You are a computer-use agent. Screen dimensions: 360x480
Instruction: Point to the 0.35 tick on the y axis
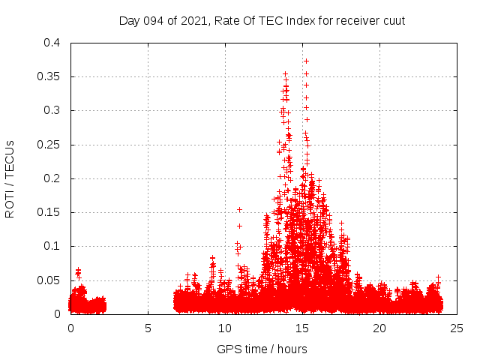click(50, 76)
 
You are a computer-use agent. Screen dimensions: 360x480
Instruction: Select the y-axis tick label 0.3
click(53, 110)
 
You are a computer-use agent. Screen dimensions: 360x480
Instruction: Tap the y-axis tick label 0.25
click(50, 145)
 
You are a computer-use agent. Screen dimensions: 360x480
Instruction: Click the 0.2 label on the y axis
click(53, 178)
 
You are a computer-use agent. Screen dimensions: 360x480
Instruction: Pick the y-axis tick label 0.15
click(50, 212)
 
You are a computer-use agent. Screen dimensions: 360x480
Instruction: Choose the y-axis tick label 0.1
click(53, 246)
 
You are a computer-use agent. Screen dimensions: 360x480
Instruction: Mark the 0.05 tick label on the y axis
click(50, 280)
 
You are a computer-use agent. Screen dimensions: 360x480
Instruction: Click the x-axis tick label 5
click(148, 328)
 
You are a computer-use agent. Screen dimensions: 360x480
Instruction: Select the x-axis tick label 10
click(225, 328)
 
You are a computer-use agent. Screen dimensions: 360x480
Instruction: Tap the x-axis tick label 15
click(302, 328)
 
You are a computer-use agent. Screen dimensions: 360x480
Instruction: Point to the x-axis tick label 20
click(379, 328)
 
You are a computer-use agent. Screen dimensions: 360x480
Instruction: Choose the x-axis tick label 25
click(457, 328)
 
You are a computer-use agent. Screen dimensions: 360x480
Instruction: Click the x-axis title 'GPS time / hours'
click(263, 349)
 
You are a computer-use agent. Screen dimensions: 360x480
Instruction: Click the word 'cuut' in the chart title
click(394, 20)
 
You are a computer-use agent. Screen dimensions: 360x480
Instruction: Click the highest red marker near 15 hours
click(306, 61)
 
